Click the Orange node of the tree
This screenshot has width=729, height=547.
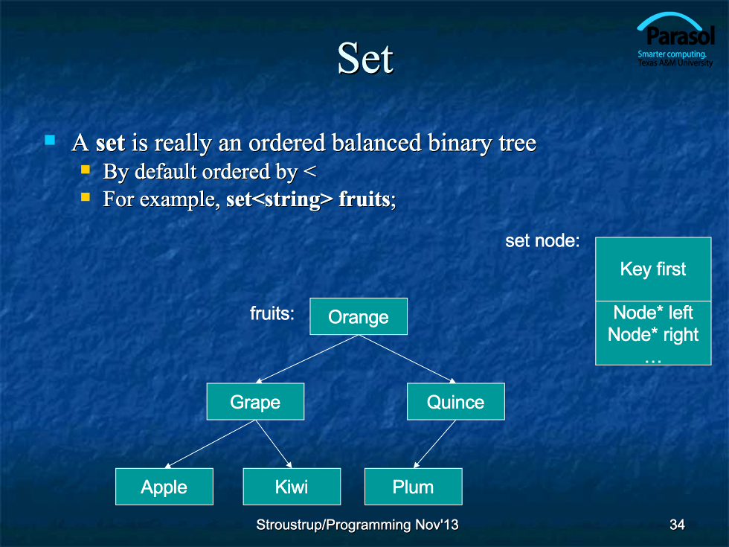click(x=359, y=316)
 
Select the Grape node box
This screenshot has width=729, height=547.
click(x=255, y=401)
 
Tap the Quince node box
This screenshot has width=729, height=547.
click(x=455, y=401)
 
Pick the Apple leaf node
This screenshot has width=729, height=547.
click(x=164, y=487)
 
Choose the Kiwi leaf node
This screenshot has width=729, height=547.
click(x=292, y=487)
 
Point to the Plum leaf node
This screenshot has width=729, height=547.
click(x=414, y=487)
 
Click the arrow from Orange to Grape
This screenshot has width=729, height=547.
click(x=306, y=359)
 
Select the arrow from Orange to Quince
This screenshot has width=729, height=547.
click(x=407, y=359)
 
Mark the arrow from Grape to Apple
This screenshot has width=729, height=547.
click(x=210, y=444)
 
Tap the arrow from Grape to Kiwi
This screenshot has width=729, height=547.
click(x=274, y=444)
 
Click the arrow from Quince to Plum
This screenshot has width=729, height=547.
click(x=434, y=444)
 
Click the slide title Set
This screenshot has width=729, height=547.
click(x=365, y=58)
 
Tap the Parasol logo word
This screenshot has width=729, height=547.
click(x=680, y=36)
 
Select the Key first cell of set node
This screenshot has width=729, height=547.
click(x=653, y=269)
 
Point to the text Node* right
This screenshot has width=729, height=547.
click(x=653, y=335)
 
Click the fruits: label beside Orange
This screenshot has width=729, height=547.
click(x=272, y=313)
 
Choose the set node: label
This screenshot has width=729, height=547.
click(x=542, y=240)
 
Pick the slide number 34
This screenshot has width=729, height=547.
click(x=677, y=525)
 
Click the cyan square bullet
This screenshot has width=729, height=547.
click(x=50, y=140)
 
